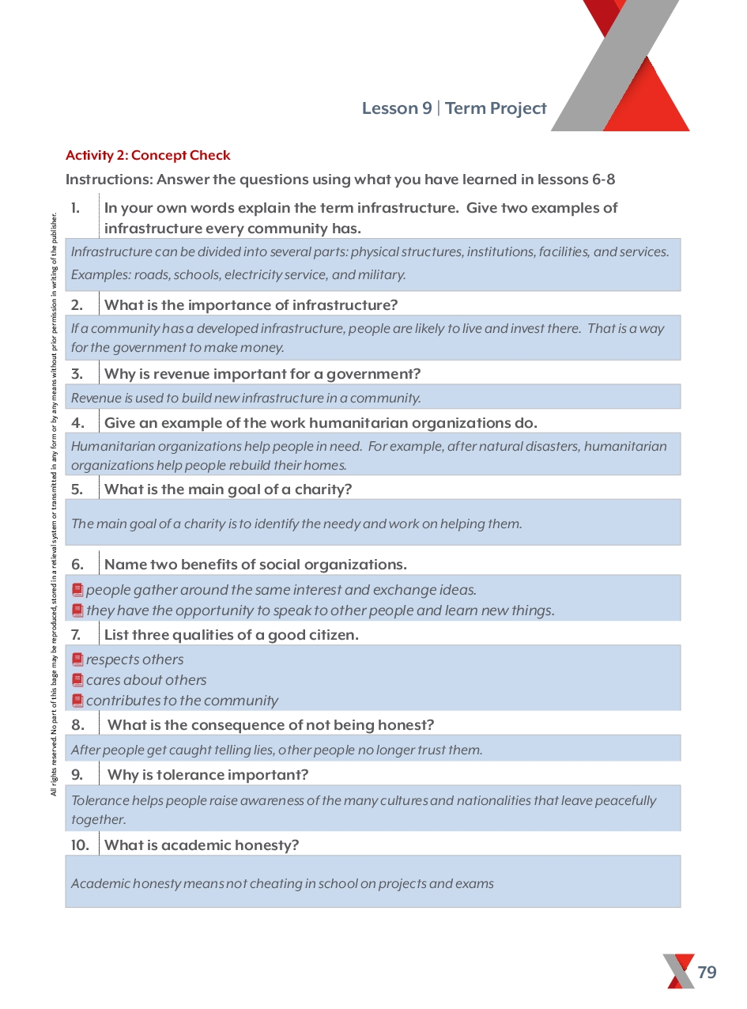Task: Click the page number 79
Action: [707, 972]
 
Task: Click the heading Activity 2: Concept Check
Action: [148, 156]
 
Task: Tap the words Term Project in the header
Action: [496, 108]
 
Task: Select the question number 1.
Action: [75, 208]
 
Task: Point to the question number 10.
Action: [80, 845]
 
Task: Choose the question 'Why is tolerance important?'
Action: [208, 774]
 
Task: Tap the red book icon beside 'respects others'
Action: [77, 659]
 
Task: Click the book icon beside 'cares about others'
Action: [77, 680]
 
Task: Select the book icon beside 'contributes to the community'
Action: [77, 701]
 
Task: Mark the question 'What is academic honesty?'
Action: [202, 845]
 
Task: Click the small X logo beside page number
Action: [678, 971]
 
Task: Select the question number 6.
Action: [77, 565]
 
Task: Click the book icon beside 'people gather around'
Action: [77, 590]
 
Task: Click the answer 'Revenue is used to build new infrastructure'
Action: [246, 398]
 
